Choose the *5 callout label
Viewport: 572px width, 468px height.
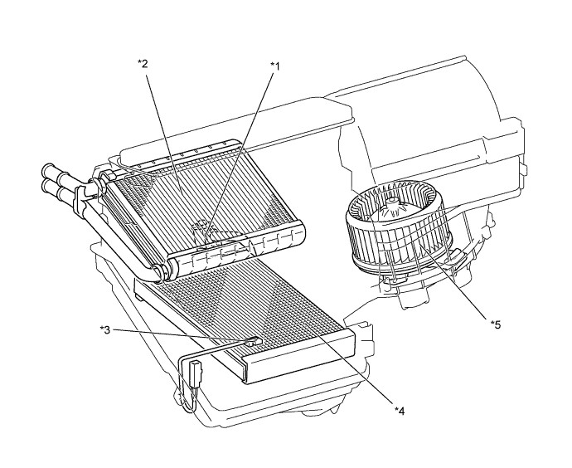[496, 324]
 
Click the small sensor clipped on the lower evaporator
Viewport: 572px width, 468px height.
[254, 340]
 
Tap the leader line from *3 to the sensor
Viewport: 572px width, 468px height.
[182, 335]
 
